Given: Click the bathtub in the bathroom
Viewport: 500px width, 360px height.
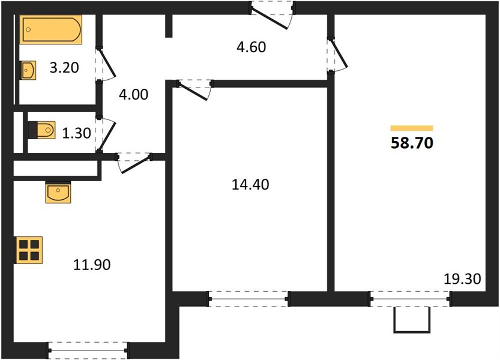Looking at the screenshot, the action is point(50,29).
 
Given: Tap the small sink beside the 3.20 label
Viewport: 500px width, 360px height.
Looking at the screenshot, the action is point(28,70).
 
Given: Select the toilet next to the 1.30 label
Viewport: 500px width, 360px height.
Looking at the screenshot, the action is point(42,130).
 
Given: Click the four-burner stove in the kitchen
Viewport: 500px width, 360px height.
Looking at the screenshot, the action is point(29,250).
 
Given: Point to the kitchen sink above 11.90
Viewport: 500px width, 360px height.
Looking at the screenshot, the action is point(58,192).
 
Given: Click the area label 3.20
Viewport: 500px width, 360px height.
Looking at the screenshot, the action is point(64,68).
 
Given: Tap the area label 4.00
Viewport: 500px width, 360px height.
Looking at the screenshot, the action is point(133,94).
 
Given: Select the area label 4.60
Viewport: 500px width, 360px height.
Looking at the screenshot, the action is point(252,47).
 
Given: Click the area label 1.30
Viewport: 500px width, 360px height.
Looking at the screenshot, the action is point(77,133).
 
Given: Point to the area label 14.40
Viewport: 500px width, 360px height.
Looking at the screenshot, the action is point(250,185).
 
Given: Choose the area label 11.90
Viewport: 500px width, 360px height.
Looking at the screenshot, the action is point(92,265).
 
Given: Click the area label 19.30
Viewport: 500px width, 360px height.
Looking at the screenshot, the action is point(462,279).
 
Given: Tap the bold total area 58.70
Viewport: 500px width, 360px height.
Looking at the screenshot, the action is point(412,143).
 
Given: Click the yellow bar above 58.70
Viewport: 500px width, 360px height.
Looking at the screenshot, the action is point(412,128).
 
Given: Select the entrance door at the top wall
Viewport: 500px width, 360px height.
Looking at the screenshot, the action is point(271,15).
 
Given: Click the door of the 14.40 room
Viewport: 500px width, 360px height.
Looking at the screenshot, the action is point(194,89).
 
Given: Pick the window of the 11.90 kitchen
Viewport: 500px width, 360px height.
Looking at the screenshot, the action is point(88,350).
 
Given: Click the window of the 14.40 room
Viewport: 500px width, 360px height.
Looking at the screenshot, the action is point(249,299).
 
